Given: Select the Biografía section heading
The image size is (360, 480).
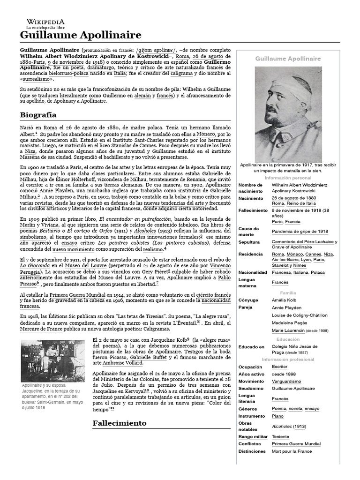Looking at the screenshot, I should [38, 115].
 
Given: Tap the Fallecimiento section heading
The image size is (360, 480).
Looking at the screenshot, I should [120, 423].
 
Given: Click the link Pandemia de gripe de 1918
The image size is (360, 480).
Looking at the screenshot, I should [300, 232].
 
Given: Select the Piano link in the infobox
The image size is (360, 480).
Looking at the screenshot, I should [278, 416].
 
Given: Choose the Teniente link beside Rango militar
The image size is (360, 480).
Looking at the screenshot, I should [280, 437].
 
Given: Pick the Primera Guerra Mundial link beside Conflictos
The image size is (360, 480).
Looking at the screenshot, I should [296, 444].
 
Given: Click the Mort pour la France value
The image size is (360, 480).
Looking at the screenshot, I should [292, 451].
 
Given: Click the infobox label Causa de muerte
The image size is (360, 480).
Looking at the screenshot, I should [248, 232].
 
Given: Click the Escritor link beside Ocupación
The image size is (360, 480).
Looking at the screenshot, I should [280, 367].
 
